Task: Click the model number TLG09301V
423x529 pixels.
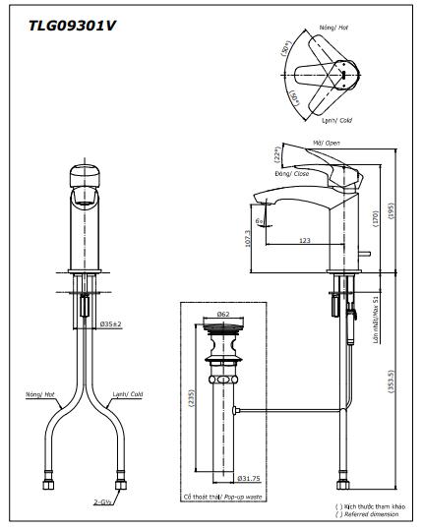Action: coord(62,27)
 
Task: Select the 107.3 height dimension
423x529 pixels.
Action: coord(247,238)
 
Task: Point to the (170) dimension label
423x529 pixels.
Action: coord(375,218)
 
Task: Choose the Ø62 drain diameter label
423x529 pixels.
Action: coord(223,315)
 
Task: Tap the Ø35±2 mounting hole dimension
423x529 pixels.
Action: coord(111,323)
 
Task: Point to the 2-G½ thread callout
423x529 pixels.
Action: coord(102,500)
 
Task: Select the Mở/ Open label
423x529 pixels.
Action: coord(325,143)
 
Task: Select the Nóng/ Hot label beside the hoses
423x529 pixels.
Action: coord(41,392)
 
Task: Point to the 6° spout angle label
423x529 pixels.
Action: coord(258,221)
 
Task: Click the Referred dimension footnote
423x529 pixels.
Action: coord(369,514)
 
